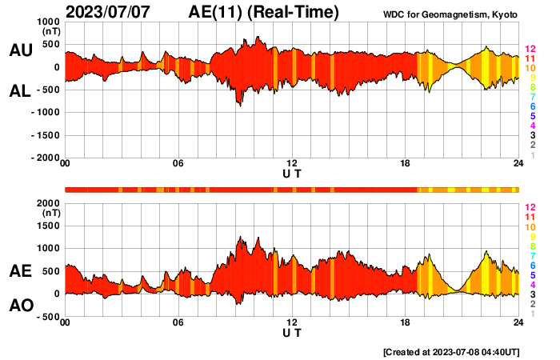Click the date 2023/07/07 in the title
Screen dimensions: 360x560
pos(109,12)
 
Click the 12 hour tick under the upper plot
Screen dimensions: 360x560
pos(292,164)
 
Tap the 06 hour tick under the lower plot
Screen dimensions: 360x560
pos(178,322)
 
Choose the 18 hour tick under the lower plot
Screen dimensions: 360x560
pos(406,322)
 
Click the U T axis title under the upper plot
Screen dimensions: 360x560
pos(292,174)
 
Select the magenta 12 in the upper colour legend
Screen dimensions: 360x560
pos(530,49)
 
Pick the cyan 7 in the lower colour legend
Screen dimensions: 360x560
pos(530,255)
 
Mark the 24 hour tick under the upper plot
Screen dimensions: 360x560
pos(518,164)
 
